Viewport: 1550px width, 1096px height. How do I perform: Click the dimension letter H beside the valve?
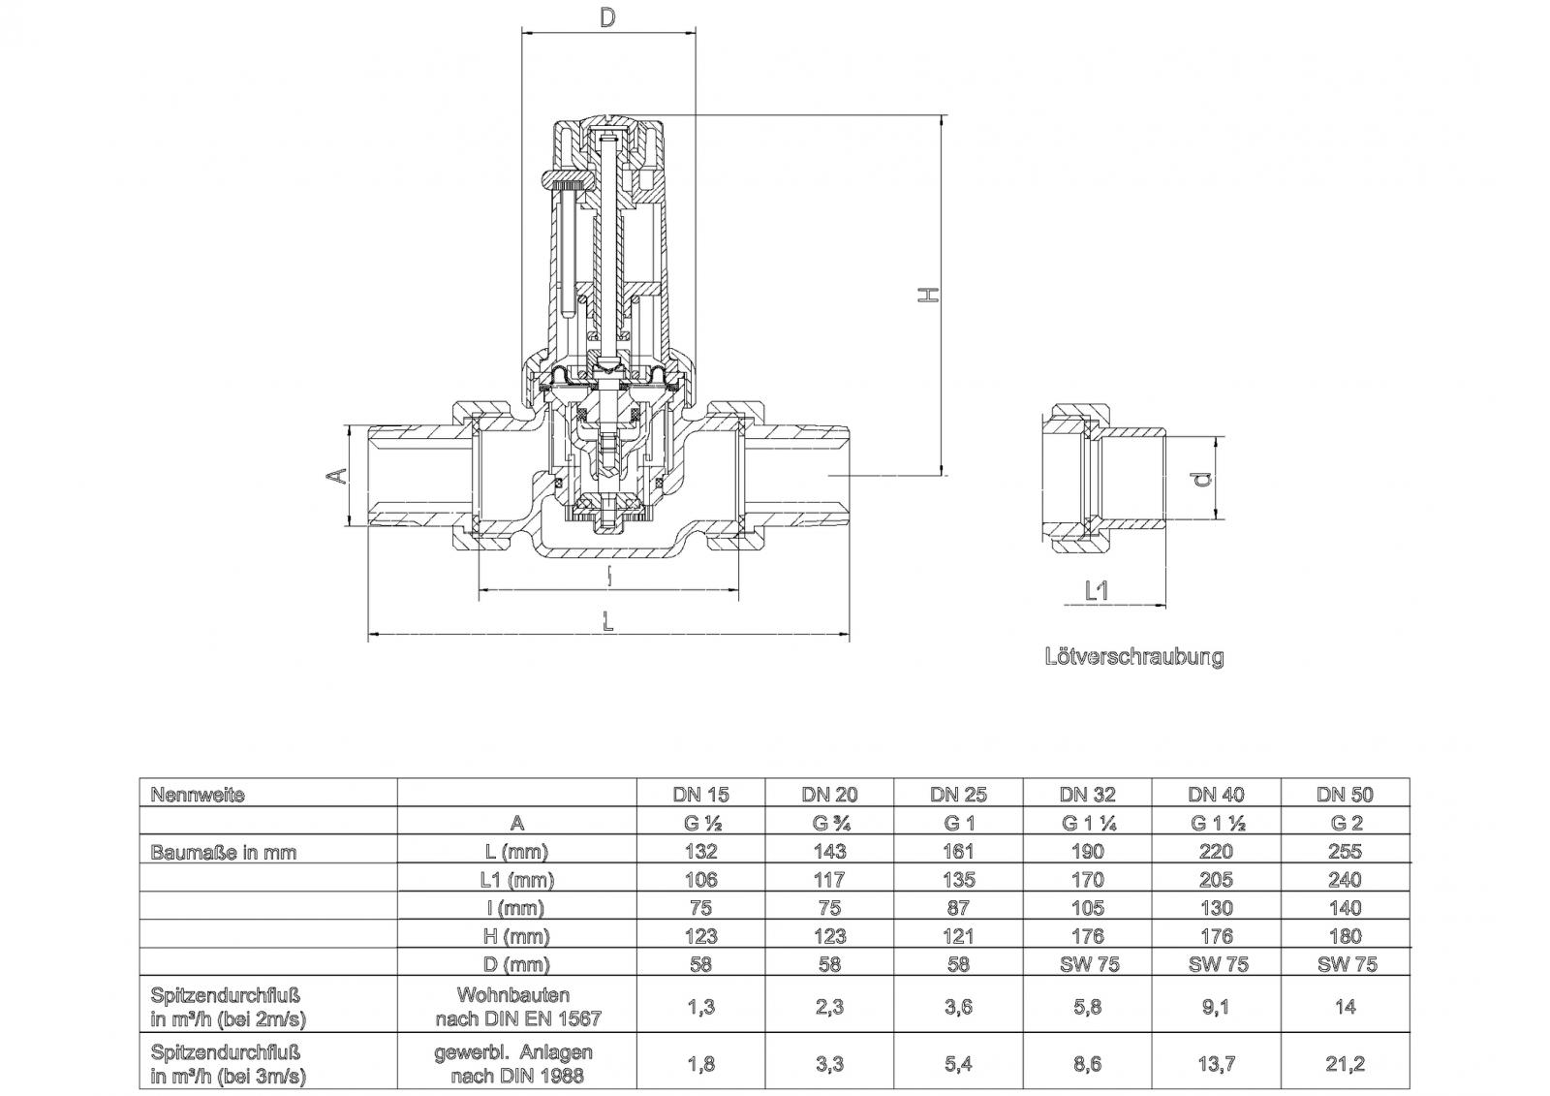click(x=928, y=294)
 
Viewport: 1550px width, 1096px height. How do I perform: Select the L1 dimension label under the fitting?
click(x=1096, y=590)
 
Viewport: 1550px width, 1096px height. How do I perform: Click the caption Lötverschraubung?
click(x=1133, y=657)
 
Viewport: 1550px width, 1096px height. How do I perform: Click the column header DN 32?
click(x=1087, y=795)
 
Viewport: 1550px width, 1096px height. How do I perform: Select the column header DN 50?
click(x=1345, y=795)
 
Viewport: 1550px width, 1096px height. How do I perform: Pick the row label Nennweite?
click(x=198, y=795)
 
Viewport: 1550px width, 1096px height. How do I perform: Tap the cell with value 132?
click(x=700, y=852)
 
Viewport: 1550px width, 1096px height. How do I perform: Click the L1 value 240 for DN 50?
click(x=1345, y=880)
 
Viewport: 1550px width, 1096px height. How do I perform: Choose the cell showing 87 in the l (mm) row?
click(x=958, y=908)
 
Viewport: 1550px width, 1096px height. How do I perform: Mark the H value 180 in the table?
click(x=1345, y=936)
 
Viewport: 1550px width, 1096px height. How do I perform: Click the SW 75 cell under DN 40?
click(x=1216, y=964)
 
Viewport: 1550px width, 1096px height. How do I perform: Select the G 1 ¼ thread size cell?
click(x=1087, y=824)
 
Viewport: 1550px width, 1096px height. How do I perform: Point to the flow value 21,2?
click(x=1345, y=1064)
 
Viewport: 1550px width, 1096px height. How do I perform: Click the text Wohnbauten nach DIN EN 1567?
click(x=517, y=1007)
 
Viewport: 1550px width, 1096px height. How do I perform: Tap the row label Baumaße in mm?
click(x=223, y=853)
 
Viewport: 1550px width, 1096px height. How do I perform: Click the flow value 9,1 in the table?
click(x=1216, y=1007)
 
